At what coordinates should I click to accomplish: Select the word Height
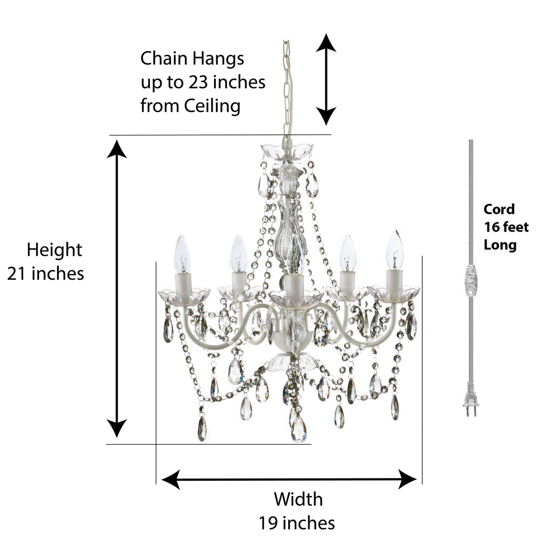(x=54, y=250)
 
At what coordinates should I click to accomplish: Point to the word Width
(x=298, y=499)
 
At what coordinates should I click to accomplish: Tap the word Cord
(x=499, y=209)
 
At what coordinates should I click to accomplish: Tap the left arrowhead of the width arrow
(x=170, y=479)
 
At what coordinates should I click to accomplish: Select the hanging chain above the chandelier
(x=287, y=81)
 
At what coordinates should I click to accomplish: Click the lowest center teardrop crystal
(x=299, y=430)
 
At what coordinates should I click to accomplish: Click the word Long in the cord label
(x=500, y=245)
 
